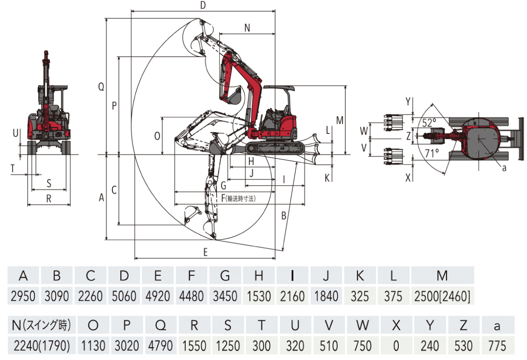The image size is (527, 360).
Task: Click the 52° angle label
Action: coord(429,122)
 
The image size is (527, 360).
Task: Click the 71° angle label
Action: coord(432,153)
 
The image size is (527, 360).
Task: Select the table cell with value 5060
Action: coord(124,296)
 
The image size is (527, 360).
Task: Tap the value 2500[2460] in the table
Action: coord(442,296)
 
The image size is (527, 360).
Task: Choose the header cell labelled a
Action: coord(497,325)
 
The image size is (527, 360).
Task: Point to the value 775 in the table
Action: coord(497,346)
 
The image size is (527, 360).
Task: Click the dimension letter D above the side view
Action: coord(202,5)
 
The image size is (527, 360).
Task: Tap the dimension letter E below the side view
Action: coord(205,252)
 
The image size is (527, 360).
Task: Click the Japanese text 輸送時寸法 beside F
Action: coord(240,198)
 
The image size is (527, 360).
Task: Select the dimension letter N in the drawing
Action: coord(247,28)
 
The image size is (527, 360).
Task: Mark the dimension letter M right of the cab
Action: coord(339,119)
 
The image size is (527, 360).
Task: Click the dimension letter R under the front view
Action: coord(49,198)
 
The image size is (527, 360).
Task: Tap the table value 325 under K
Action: coord(360,296)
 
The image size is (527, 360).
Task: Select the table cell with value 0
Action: coord(396,346)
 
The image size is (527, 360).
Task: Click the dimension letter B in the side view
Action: coord(284,216)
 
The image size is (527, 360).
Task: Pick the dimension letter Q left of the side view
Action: coord(101,87)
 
